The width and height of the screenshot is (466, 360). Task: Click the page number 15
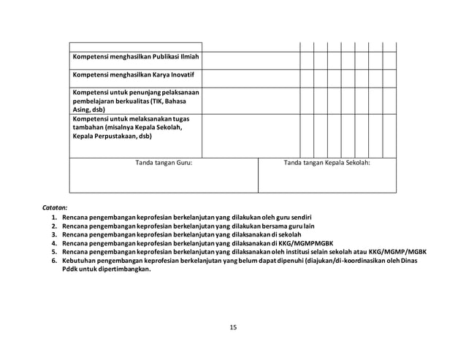(233, 326)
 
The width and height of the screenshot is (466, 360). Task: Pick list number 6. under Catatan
(55, 260)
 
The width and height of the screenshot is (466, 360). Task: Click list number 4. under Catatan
(55, 243)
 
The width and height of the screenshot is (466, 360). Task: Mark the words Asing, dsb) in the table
(89, 110)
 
